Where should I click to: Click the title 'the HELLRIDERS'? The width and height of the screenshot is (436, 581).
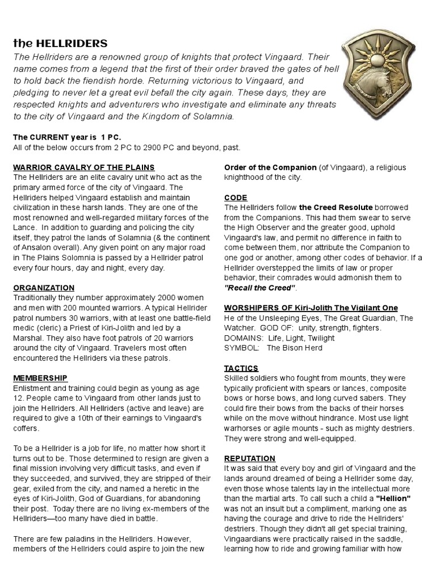60,44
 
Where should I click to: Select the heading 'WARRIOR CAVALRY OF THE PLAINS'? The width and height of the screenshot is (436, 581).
84,167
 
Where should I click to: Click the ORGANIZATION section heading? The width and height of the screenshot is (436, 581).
44,288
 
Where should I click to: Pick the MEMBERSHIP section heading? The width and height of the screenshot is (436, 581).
40,378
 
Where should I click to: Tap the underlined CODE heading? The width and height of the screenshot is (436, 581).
236,197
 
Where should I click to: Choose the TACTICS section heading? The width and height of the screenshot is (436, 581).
241,368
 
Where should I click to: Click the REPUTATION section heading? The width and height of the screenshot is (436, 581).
250,458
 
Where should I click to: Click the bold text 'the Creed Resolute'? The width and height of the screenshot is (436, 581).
336,208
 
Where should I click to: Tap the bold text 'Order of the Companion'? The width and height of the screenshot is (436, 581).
270,167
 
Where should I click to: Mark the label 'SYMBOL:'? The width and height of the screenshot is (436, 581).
242,348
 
